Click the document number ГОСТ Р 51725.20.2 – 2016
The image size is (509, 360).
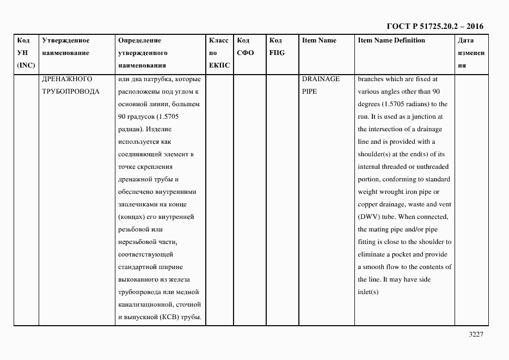[x=434, y=26]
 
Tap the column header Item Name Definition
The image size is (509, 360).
[x=391, y=40]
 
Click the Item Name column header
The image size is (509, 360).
[x=319, y=40]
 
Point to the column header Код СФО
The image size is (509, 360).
[x=246, y=47]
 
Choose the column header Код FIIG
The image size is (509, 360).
[x=277, y=47]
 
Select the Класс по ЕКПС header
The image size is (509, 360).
[x=219, y=53]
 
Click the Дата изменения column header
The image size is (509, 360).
[x=470, y=53]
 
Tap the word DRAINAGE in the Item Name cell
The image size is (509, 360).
[x=321, y=79]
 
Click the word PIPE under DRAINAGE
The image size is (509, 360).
[x=309, y=91]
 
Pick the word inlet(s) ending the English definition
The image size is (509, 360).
[x=368, y=292]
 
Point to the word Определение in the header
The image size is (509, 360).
[x=139, y=40]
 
